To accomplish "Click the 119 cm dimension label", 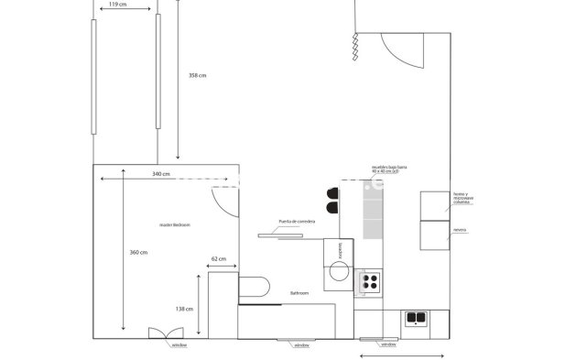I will point(117,5).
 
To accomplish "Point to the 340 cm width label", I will point(160,173).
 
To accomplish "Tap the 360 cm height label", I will point(138,253).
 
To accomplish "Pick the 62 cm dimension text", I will point(218,259).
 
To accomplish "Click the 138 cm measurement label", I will point(184,309).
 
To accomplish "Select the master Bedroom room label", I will point(174,224).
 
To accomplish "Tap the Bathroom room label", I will point(299,293).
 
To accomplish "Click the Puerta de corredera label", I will point(297,222).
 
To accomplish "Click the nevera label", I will point(460,230).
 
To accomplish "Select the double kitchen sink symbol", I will point(417,318).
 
